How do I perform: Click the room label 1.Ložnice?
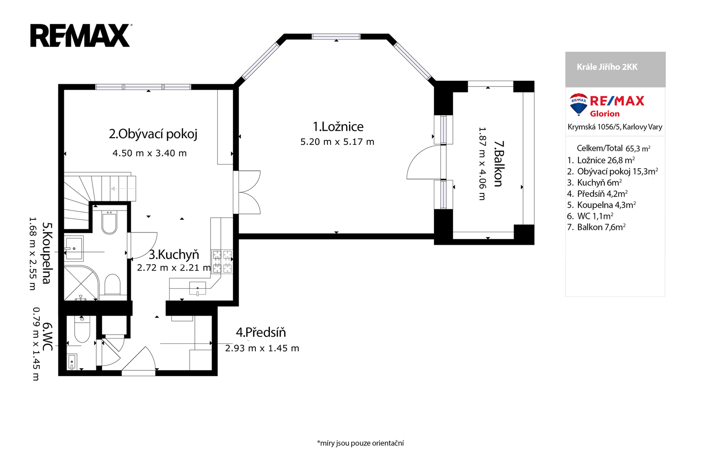(338, 127)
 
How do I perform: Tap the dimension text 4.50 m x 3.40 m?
(150, 153)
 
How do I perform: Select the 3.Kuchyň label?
(174, 254)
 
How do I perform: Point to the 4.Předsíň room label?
(261, 332)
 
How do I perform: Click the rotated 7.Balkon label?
(498, 163)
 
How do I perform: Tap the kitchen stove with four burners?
(222, 261)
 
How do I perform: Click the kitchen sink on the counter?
(198, 288)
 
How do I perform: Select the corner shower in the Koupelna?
(81, 283)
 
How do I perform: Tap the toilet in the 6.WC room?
(82, 329)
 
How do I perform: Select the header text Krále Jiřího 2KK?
(607, 67)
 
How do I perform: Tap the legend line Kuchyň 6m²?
(595, 183)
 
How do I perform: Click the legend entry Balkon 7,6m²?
(596, 227)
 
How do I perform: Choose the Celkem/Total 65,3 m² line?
(613, 148)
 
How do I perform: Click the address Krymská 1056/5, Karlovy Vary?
(615, 127)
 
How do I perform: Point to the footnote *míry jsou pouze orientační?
(361, 443)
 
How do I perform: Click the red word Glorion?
(605, 113)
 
